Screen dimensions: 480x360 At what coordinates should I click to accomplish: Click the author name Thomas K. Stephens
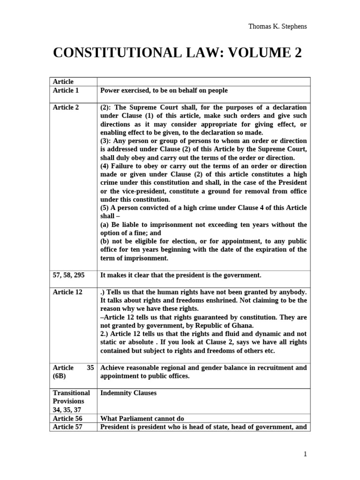coord(277,26)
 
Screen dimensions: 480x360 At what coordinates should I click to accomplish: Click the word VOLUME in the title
coord(253,53)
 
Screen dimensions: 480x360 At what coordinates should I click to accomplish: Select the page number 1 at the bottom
coord(305,453)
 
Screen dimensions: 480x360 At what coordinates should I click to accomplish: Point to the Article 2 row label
coord(66,107)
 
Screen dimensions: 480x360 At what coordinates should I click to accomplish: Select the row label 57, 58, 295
coord(69,275)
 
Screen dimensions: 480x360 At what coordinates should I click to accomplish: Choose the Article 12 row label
coord(68,292)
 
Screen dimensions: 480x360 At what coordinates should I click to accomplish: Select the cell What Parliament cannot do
coord(142,419)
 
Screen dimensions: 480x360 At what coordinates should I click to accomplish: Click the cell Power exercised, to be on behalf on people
coord(164,90)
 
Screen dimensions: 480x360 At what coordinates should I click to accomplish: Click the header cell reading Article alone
coord(63,82)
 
